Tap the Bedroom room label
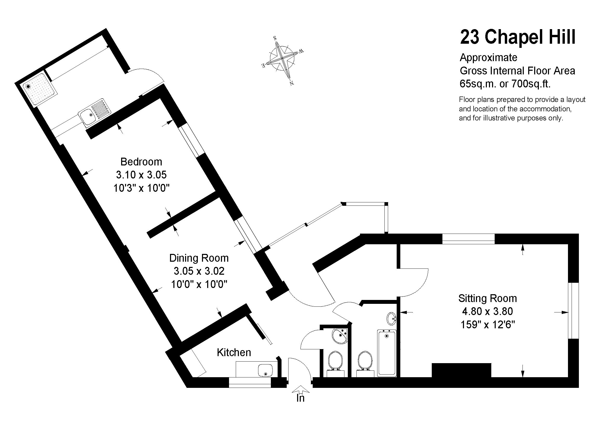pyautogui.click(x=141, y=162)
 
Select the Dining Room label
pyautogui.click(x=199, y=258)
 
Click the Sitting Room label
pyautogui.click(x=487, y=299)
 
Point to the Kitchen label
pyautogui.click(x=234, y=353)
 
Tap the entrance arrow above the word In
pyautogui.click(x=300, y=389)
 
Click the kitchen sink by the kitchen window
pyautogui.click(x=265, y=370)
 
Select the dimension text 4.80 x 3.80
pyautogui.click(x=487, y=311)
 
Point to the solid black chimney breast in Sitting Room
pyautogui.click(x=461, y=370)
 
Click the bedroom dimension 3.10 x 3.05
pyautogui.click(x=141, y=175)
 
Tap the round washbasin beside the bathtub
pyautogui.click(x=392, y=318)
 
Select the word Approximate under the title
pyautogui.click(x=489, y=57)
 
